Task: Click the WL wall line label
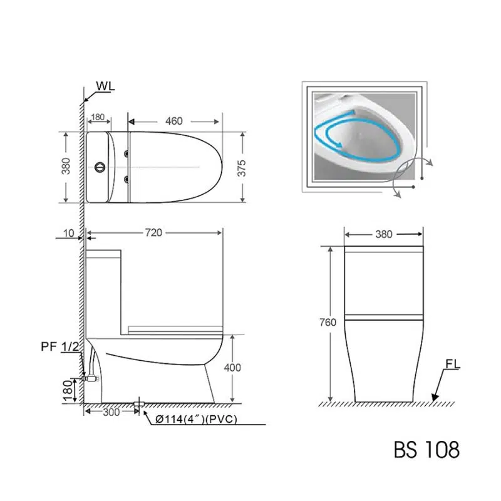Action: pyautogui.click(x=105, y=86)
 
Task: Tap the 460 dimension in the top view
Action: pyautogui.click(x=174, y=121)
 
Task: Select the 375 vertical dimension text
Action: pyautogui.click(x=242, y=168)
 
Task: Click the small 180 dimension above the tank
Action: pyautogui.click(x=98, y=117)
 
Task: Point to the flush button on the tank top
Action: pyautogui.click(x=100, y=167)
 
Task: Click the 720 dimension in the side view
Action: pyautogui.click(x=153, y=232)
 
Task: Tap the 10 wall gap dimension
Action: pyautogui.click(x=69, y=233)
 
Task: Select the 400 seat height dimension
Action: pyautogui.click(x=232, y=368)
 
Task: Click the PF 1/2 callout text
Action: pyautogui.click(x=60, y=346)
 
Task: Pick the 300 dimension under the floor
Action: pyautogui.click(x=111, y=412)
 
